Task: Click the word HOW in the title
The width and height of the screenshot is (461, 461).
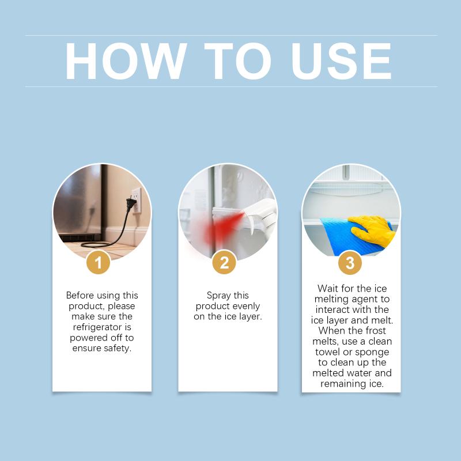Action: pos(126,61)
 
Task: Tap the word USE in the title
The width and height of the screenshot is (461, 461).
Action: pos(341,61)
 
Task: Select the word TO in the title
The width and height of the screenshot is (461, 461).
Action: pos(237,61)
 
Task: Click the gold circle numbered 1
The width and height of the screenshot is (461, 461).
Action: pos(99,262)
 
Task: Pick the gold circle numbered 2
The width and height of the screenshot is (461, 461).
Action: pos(224,262)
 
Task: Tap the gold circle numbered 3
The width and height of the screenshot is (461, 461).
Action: pos(350,263)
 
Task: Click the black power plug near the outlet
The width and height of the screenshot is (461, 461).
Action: pos(131,203)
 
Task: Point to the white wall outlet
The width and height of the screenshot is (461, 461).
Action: pos(137,200)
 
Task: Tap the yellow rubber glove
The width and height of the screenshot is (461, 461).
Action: pos(372,230)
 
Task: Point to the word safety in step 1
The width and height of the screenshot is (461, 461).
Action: pos(116,349)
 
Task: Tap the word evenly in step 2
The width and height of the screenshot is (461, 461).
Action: pos(245,307)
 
